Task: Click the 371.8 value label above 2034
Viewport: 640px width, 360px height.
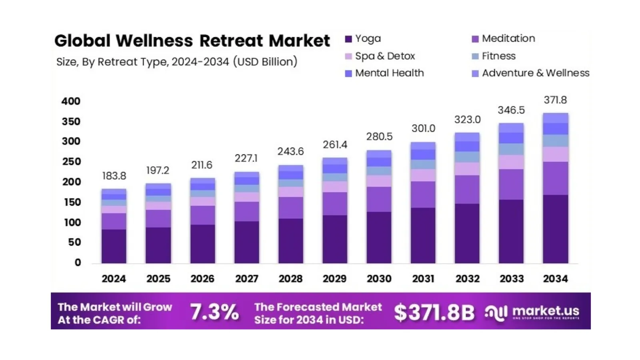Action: [x=555, y=100]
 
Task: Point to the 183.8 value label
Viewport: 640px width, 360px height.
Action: [x=114, y=176]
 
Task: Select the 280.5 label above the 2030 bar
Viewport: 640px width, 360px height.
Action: [x=379, y=137]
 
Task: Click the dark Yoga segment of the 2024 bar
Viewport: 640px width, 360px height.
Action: [x=114, y=246]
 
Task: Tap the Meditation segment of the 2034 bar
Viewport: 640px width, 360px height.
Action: [x=555, y=178]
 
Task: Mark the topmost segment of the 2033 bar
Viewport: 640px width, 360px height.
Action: [x=511, y=128]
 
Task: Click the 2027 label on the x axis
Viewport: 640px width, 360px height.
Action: [x=246, y=279]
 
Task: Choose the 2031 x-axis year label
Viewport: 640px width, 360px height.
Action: [x=423, y=279]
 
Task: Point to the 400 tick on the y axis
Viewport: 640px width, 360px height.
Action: [x=71, y=102]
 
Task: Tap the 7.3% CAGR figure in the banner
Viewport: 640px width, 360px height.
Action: [x=214, y=312]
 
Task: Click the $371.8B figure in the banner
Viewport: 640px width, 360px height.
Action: [x=434, y=312]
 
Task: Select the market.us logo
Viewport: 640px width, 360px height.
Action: [x=532, y=312]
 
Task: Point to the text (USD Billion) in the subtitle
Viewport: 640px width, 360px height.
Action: [x=265, y=62]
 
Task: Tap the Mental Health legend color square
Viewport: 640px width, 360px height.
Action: [x=348, y=74]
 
